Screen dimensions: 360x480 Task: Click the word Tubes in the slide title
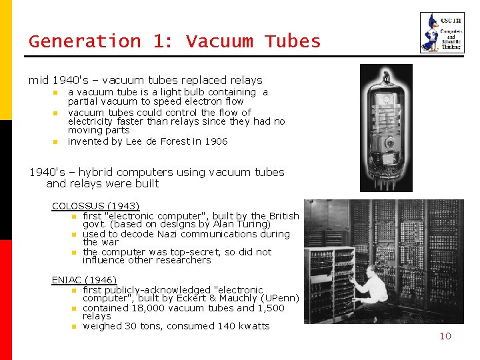pos(293,41)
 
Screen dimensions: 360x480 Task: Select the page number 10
pos(445,336)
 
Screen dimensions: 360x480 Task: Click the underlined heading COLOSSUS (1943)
pos(95,206)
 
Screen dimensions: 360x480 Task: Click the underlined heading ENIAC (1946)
pos(84,280)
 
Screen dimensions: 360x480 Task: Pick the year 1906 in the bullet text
pos(216,141)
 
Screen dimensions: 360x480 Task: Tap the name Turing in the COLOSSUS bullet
pos(253,225)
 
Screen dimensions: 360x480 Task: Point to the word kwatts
pos(253,326)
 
